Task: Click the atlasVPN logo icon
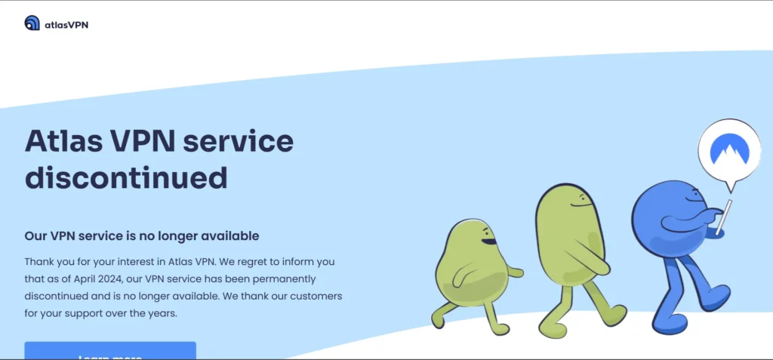point(32,23)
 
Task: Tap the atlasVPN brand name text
point(66,24)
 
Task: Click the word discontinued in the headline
point(126,178)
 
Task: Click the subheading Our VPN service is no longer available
point(142,236)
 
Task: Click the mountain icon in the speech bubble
point(729,151)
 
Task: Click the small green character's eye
point(485,232)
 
